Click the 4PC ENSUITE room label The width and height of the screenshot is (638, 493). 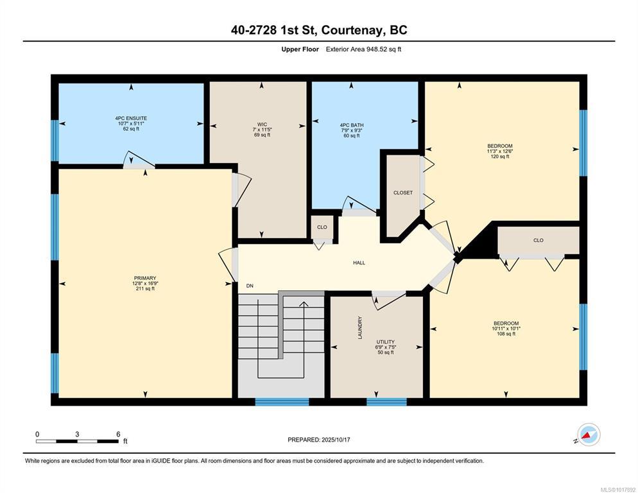(x=131, y=118)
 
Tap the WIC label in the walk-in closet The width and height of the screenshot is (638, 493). (x=262, y=124)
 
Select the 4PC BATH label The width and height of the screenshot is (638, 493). (x=352, y=125)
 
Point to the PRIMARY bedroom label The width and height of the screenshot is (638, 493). (x=145, y=278)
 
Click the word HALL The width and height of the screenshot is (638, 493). (x=359, y=263)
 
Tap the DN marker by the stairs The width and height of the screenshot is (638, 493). (x=250, y=286)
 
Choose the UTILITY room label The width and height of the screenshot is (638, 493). (x=385, y=342)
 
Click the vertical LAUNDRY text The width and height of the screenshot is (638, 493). (x=359, y=328)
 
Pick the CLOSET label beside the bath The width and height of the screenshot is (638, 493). (x=403, y=193)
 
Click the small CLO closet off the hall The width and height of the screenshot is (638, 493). (x=322, y=227)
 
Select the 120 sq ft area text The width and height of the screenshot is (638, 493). (x=500, y=157)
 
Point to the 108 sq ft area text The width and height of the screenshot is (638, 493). (x=506, y=334)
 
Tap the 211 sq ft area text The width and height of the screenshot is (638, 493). (x=145, y=289)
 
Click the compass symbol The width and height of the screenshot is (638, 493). (x=589, y=435)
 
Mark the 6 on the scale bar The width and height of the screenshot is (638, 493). (x=118, y=434)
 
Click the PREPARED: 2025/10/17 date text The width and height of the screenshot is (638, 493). (x=319, y=440)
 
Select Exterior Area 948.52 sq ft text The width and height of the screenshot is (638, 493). (x=364, y=49)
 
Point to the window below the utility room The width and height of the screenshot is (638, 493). (x=386, y=402)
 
